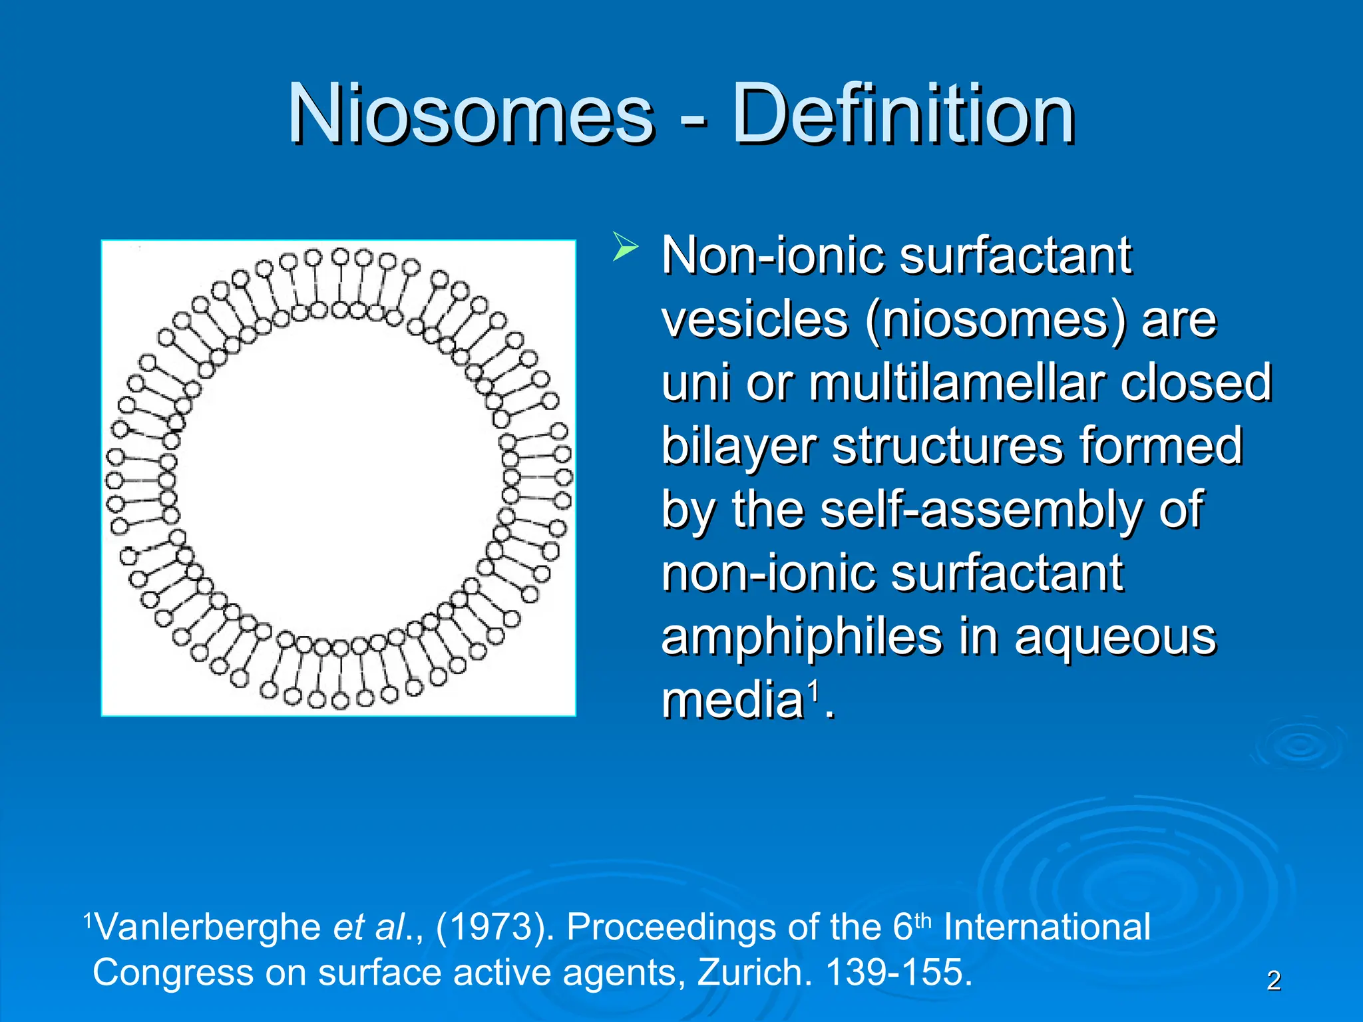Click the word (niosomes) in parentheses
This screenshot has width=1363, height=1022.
[x=996, y=321]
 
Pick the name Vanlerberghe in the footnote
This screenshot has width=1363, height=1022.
[x=208, y=927]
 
